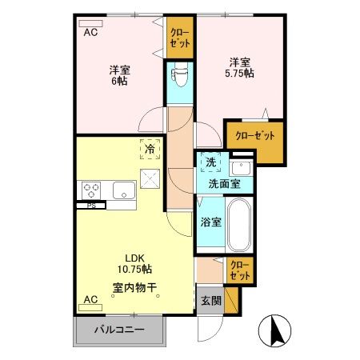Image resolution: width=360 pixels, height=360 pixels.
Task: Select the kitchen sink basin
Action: point(123,190)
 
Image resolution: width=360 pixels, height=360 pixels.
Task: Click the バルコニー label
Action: point(118,330)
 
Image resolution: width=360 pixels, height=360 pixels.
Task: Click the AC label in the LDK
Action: point(90,300)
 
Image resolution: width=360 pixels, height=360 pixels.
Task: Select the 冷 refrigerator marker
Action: point(149,148)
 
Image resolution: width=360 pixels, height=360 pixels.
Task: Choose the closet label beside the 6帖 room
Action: point(179,38)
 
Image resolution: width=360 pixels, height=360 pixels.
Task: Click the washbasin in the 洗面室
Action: point(240,168)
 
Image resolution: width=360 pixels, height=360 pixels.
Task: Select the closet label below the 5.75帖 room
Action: point(253,135)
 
